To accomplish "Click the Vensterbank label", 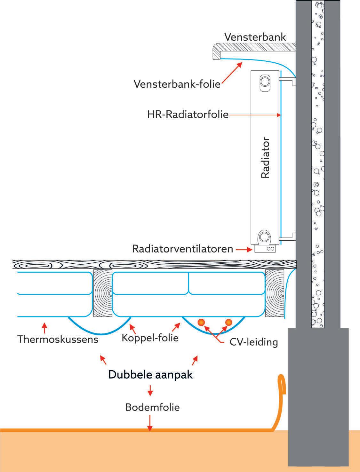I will [255, 37].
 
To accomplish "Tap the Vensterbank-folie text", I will [177, 84].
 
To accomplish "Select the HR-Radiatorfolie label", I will [188, 115].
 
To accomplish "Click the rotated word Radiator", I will [265, 158].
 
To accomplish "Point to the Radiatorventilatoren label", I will [182, 249].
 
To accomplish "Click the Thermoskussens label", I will [58, 339].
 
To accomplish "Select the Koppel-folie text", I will [150, 338].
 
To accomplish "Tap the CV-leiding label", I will [253, 342].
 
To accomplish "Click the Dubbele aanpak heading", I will [150, 374].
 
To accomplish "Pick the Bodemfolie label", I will [152, 407].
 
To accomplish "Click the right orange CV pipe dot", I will [228, 322].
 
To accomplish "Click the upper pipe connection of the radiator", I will [264, 80].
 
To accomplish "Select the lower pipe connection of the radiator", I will [264, 237].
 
